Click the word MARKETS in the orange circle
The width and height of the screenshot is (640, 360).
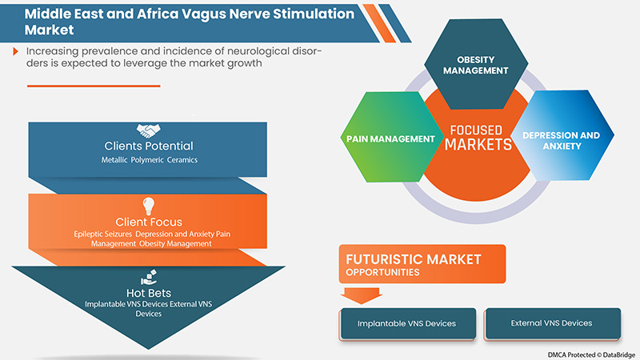[478, 145]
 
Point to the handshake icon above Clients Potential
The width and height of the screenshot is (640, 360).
[149, 129]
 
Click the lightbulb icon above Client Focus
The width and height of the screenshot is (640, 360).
[149, 204]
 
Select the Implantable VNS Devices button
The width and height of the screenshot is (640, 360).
[407, 323]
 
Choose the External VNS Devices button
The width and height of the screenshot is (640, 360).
[551, 323]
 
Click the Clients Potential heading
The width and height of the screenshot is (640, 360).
[149, 146]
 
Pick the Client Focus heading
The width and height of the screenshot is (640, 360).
[149, 222]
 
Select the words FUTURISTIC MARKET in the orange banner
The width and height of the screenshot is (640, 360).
[413, 259]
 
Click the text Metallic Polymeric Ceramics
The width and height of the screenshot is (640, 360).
[149, 160]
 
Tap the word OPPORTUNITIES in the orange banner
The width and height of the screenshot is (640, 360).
[382, 273]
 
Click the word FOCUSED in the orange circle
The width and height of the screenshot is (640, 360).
[478, 130]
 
